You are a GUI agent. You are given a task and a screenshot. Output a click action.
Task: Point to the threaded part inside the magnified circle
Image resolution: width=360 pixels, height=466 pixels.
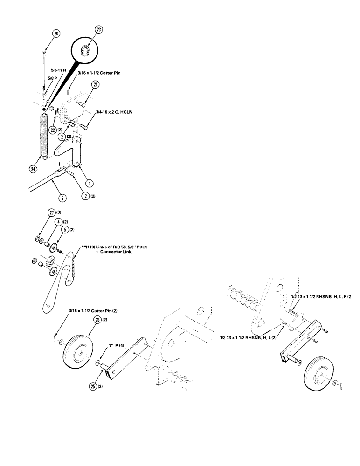[x=86, y=50]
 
